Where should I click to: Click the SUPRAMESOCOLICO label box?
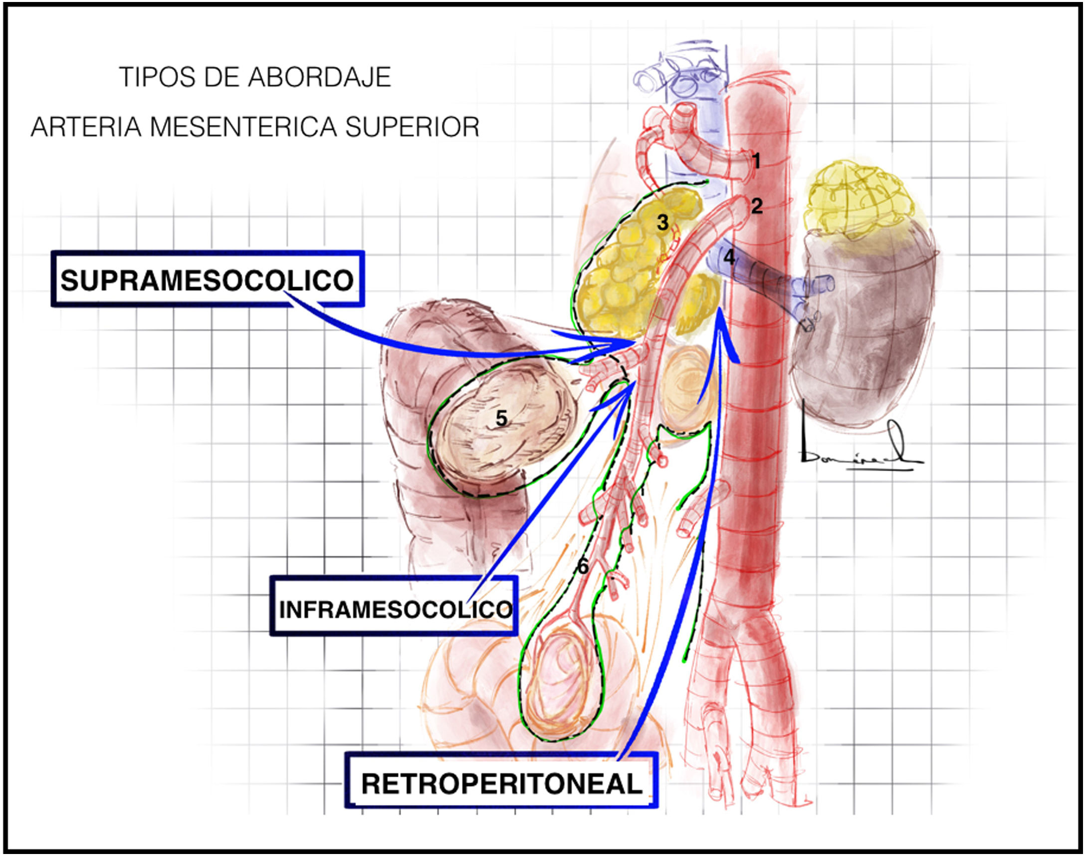[208, 280]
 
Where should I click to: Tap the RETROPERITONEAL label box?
[501, 784]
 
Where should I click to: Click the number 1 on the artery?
[756, 161]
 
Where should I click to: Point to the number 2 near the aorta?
[756, 206]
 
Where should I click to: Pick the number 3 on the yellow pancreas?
[662, 223]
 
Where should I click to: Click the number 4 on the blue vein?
[729, 257]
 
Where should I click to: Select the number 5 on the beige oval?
[501, 418]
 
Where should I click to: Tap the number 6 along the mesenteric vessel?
[583, 567]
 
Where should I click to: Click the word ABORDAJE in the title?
[320, 77]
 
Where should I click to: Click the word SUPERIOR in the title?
[412, 127]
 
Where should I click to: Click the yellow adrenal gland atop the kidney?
[858, 201]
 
